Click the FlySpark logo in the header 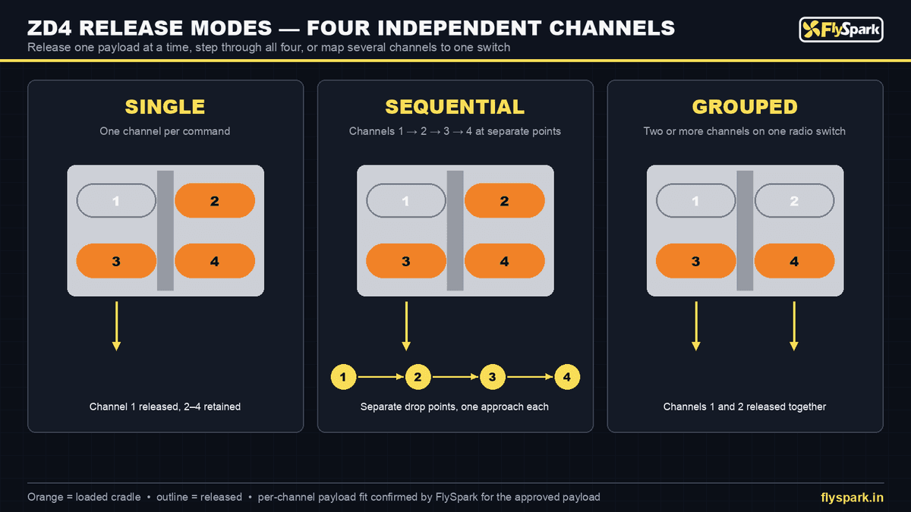841,30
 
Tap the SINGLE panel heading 165,107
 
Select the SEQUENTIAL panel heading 455,107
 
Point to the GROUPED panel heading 745,107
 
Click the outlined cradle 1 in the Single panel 116,200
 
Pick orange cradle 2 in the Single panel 215,200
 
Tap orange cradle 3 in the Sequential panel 406,261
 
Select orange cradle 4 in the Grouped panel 794,261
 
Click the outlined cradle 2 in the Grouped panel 794,200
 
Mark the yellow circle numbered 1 343,377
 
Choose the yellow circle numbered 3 493,377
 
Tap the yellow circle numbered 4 567,377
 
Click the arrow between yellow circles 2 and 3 455,377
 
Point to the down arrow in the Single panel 116,326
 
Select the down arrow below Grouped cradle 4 794,326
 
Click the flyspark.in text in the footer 852,498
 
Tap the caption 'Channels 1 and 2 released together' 745,407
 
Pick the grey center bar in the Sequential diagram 455,231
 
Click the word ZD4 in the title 49,28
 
